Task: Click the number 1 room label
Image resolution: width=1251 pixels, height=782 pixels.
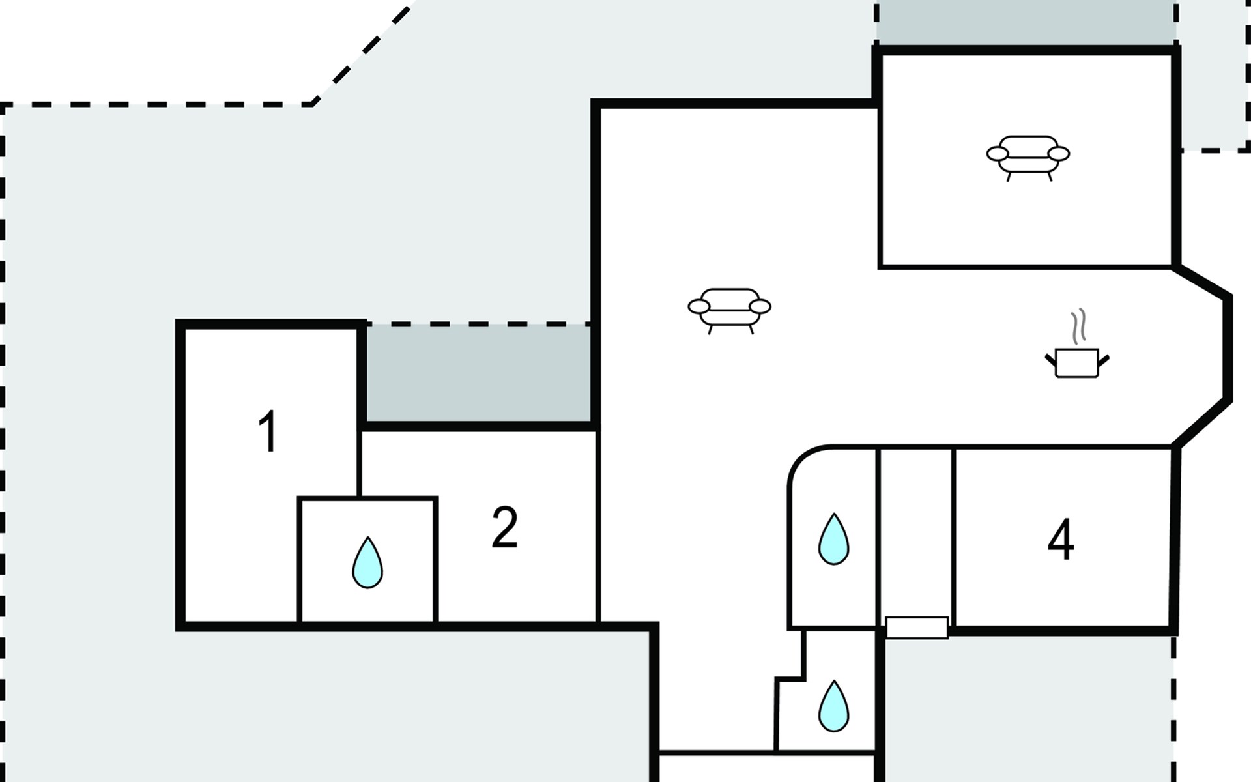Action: click(268, 431)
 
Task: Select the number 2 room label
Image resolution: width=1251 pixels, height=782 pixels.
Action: click(504, 527)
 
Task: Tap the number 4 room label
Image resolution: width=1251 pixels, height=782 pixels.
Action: click(1061, 540)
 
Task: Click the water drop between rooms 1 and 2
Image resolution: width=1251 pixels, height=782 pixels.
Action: click(367, 563)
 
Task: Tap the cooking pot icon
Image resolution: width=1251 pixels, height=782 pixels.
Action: click(1076, 363)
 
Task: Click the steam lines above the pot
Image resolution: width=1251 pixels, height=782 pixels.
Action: click(1079, 326)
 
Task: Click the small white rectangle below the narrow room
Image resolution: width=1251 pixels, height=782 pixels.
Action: click(916, 628)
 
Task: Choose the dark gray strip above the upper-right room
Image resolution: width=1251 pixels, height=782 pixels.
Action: click(1026, 23)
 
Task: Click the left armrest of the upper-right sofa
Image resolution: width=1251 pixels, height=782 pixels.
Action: click(997, 154)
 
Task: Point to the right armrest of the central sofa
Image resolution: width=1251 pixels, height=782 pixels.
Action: click(760, 306)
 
